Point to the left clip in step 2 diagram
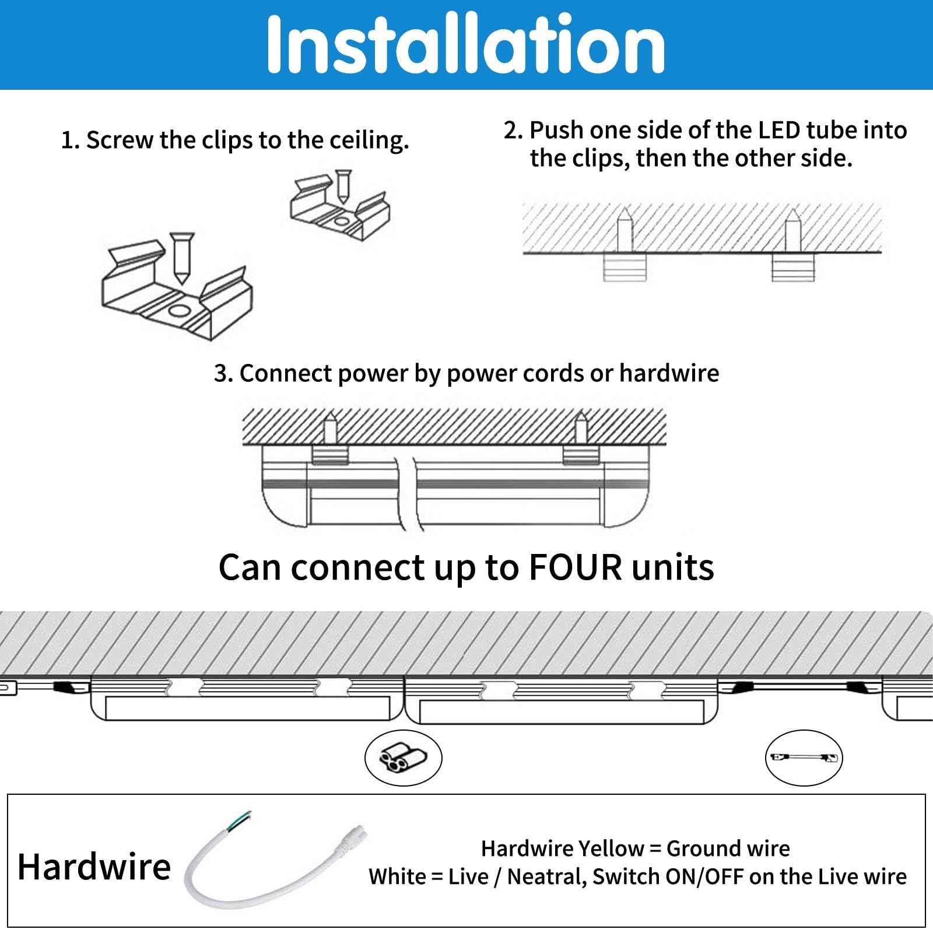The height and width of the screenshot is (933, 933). [x=625, y=268]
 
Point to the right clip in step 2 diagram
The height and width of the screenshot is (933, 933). [x=792, y=268]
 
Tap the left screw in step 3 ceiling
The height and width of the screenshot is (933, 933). [x=329, y=428]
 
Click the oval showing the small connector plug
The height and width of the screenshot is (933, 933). [x=403, y=759]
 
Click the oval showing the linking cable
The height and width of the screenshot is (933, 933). [x=804, y=757]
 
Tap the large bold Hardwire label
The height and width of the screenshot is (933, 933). [x=94, y=867]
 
